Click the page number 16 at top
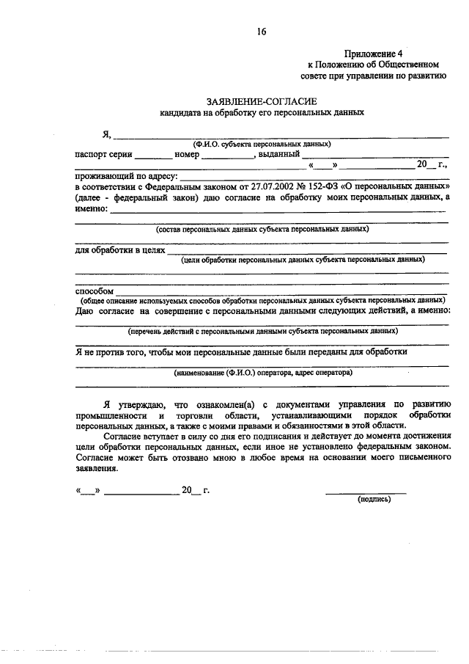[x=262, y=31]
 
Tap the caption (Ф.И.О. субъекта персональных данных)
[x=262, y=144]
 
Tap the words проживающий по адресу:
[x=126, y=177]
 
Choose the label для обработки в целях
[x=120, y=250]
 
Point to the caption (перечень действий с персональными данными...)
[x=262, y=332]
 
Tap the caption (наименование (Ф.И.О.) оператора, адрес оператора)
[x=262, y=373]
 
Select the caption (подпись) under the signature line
[x=374, y=499]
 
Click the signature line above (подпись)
[x=366, y=492]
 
